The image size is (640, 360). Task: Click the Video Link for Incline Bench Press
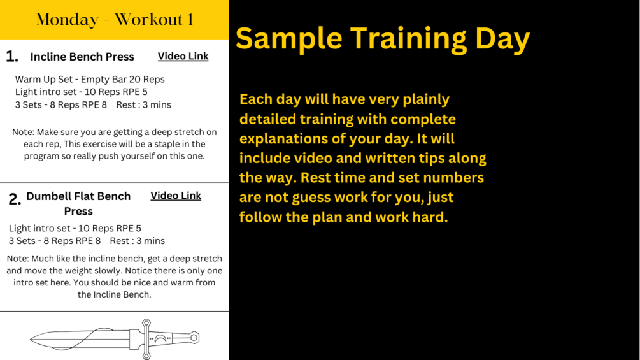(x=183, y=56)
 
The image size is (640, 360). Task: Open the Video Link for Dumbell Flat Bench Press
(x=176, y=196)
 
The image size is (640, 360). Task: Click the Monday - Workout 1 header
(x=115, y=20)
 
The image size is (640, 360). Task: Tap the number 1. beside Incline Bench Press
(x=12, y=56)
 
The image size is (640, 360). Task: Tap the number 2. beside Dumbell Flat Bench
(x=15, y=199)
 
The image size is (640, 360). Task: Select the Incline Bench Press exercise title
(x=82, y=57)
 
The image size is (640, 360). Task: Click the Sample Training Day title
(x=383, y=38)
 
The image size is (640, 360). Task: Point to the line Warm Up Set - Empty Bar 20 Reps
(x=90, y=79)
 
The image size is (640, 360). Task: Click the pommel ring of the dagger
(x=194, y=338)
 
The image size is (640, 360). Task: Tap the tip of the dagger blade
(x=31, y=339)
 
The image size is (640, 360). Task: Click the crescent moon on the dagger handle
(x=160, y=338)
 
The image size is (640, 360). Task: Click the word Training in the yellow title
(x=409, y=39)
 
